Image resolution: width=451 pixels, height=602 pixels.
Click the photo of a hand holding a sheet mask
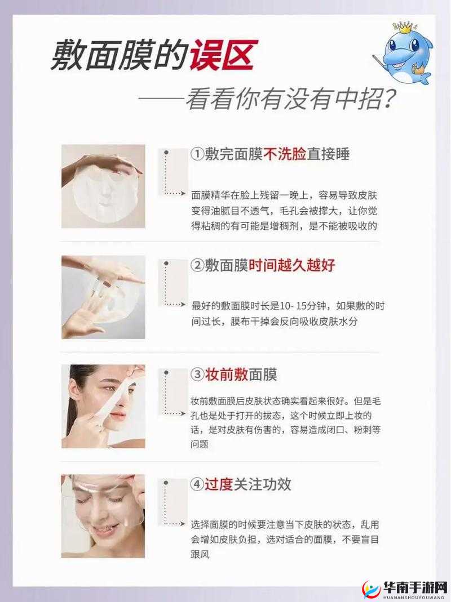[103, 186]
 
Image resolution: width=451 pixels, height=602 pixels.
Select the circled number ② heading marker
[197, 265]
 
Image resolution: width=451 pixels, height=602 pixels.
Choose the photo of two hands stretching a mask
[103, 297]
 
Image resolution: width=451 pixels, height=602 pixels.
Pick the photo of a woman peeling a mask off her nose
[103, 406]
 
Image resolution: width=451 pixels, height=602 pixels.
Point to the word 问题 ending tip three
[200, 444]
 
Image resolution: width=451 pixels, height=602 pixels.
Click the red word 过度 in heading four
[219, 484]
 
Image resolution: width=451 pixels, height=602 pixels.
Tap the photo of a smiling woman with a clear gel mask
[103, 516]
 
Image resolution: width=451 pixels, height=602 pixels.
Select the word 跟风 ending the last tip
[200, 554]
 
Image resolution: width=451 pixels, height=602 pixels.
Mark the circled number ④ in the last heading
[197, 484]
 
